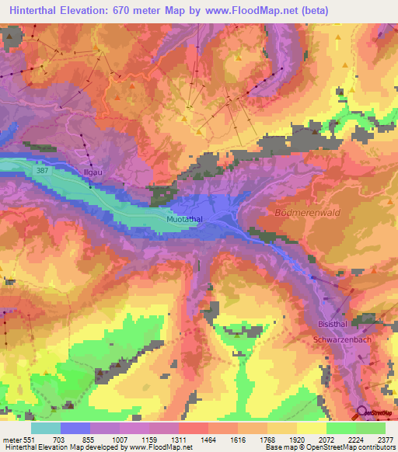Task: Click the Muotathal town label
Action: [x=185, y=221]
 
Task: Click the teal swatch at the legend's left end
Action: [x=45, y=428]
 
